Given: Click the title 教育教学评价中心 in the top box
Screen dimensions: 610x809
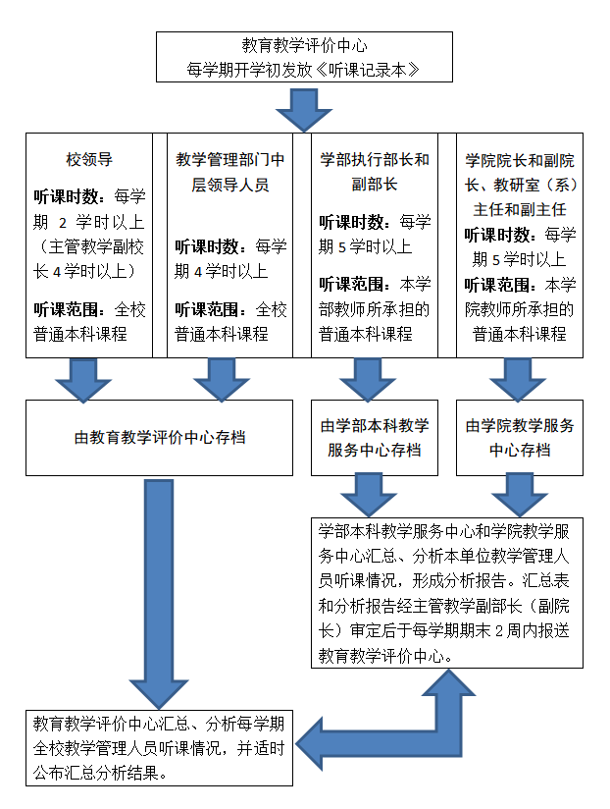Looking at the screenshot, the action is (304, 45).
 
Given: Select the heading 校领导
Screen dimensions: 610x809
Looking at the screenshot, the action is (89, 159).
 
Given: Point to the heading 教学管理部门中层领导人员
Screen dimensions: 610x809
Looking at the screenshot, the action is (229, 172).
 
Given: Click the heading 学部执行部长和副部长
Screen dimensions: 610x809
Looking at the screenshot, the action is (375, 171).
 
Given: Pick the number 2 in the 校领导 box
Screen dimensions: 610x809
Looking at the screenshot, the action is (63, 222).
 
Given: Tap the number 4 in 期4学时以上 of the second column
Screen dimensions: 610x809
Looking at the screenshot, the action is (198, 271).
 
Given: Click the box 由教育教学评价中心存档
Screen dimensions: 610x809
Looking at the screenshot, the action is (159, 438).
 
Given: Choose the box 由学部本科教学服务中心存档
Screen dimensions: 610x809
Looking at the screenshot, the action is (375, 438).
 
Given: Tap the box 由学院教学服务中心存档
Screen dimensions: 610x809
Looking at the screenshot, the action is (520, 438).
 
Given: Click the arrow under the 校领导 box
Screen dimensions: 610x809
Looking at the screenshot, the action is (83, 380).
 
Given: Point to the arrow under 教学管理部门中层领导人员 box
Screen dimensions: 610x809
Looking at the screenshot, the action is (222, 380).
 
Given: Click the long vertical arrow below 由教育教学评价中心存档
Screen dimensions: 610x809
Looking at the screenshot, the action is (159, 593).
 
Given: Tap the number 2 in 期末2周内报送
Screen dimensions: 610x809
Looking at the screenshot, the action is (499, 631).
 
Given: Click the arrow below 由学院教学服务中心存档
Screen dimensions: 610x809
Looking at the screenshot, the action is (520, 495).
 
